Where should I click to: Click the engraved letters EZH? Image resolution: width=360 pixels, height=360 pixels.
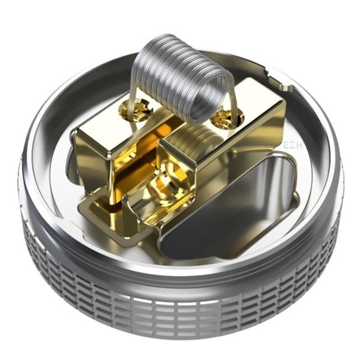(x=292, y=145)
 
